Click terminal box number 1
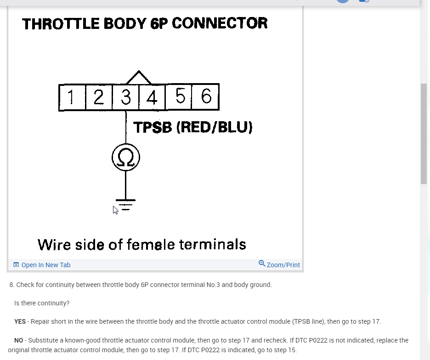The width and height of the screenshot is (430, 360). [x=72, y=97]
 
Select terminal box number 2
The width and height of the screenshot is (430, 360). [x=99, y=97]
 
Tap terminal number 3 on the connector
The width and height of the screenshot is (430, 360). [x=125, y=97]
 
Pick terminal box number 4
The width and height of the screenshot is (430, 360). [x=152, y=97]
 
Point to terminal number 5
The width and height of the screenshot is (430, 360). [x=179, y=96]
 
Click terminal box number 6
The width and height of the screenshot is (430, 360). [x=206, y=96]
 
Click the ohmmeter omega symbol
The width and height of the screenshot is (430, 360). [x=126, y=157]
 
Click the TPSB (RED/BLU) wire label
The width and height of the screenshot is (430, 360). [x=192, y=127]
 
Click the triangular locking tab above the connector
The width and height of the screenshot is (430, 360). [x=138, y=78]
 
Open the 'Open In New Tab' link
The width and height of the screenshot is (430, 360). [x=42, y=265]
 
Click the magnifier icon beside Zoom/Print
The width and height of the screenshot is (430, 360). [x=262, y=264]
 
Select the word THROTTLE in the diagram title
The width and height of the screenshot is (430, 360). [x=60, y=23]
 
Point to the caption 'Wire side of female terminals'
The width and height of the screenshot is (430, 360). [x=141, y=244]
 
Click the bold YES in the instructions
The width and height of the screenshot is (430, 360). [x=20, y=321]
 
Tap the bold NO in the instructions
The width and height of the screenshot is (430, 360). [x=18, y=340]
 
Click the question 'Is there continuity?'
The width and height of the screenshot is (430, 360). [x=42, y=303]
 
